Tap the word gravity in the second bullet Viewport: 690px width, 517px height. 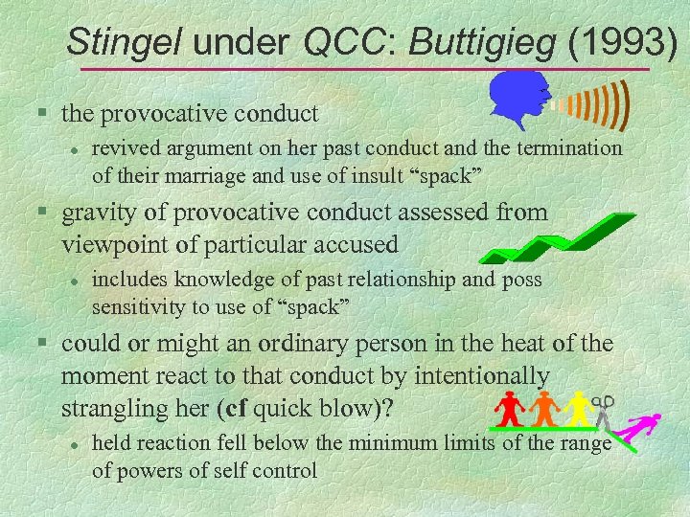point(101,212)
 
